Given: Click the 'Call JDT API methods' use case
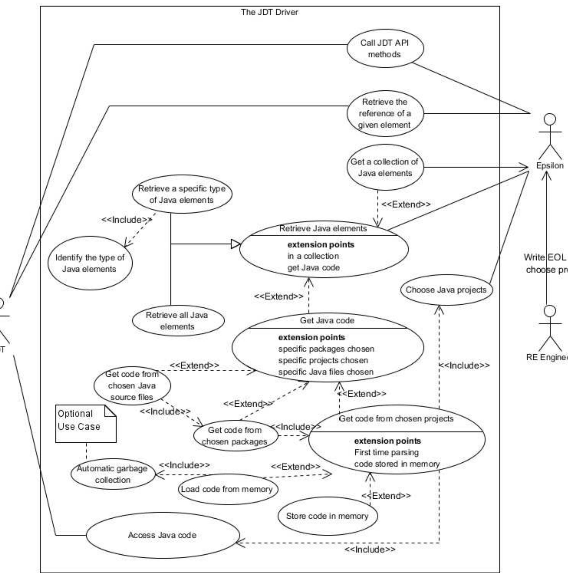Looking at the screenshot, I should pyautogui.click(x=385, y=48).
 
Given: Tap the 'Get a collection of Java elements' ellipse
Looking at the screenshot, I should pyautogui.click(x=385, y=168).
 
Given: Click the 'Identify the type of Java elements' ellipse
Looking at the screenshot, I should pyautogui.click(x=90, y=263).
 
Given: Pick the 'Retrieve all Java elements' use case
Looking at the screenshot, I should pyautogui.click(x=178, y=321).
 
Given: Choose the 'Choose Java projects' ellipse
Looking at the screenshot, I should pyautogui.click(x=446, y=290).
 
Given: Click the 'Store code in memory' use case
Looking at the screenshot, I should pyautogui.click(x=327, y=516).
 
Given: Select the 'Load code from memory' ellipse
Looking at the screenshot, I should pyautogui.click(x=227, y=489).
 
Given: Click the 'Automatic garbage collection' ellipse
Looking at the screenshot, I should pyautogui.click(x=113, y=474).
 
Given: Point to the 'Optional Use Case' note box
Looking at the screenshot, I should pyautogui.click(x=85, y=424).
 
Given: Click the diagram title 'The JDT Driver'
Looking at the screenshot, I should pyautogui.click(x=269, y=12).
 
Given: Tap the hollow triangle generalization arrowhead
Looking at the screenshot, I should pyautogui.click(x=235, y=244).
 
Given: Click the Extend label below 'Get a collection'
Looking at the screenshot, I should pyautogui.click(x=406, y=204).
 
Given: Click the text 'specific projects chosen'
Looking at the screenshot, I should pyautogui.click(x=323, y=360).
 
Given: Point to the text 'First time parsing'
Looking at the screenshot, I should pyautogui.click(x=386, y=452).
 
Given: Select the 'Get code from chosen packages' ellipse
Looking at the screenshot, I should pyautogui.click(x=235, y=436).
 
